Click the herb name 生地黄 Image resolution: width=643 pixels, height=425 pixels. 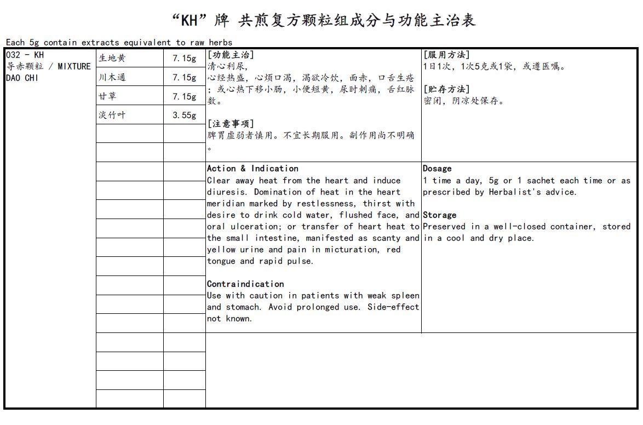112,58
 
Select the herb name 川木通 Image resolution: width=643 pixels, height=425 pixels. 112,77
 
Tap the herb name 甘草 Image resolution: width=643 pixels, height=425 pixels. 107,96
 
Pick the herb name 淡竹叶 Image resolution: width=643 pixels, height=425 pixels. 112,115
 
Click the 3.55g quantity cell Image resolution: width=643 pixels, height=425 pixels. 184,115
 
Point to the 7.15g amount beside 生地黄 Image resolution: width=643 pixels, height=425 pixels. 184,58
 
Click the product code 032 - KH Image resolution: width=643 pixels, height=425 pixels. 25,55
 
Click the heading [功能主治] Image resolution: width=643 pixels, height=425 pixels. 231,55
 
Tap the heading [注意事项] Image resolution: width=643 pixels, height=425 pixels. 231,124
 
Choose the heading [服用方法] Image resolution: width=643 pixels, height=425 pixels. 446,55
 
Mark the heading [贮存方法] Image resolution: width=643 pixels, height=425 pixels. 446,89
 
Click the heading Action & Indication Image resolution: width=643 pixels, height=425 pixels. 252,169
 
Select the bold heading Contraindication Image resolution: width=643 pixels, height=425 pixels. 245,284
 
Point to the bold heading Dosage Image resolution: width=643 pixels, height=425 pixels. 437,169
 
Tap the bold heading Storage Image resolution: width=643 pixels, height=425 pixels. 439,215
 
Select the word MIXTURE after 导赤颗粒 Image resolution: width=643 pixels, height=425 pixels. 74,66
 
